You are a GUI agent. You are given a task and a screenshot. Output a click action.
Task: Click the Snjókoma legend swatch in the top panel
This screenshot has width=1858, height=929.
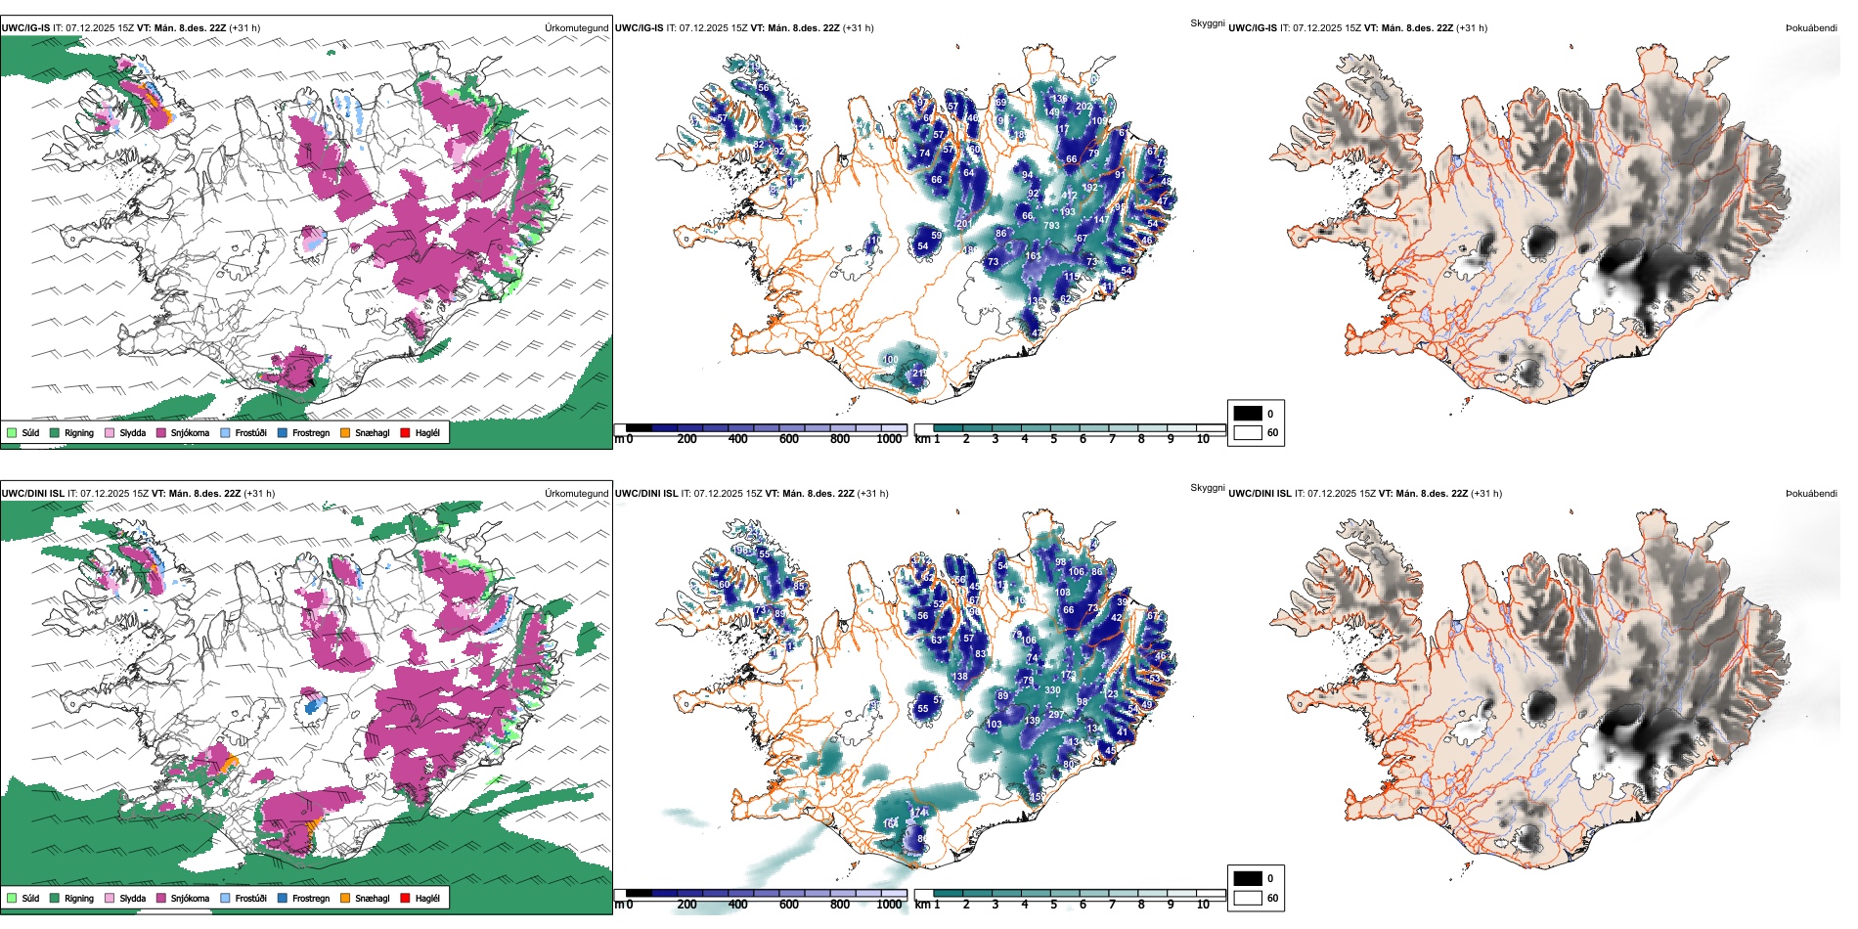161,432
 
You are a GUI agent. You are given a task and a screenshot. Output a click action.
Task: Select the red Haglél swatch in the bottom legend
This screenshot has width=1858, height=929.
406,898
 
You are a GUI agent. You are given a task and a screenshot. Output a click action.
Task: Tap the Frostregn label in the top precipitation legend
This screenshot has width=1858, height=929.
311,432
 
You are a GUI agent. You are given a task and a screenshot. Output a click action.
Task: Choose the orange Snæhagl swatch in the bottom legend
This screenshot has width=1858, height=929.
345,898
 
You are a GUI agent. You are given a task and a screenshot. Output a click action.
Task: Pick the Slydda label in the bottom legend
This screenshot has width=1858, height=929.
132,898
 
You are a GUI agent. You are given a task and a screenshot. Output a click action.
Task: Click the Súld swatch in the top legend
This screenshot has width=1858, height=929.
12,432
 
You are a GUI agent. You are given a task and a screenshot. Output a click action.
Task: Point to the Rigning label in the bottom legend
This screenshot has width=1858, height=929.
79,898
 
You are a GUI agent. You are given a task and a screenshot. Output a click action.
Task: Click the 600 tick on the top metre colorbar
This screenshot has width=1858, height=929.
788,439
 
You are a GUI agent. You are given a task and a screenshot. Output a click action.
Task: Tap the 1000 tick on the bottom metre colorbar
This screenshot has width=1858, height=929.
889,905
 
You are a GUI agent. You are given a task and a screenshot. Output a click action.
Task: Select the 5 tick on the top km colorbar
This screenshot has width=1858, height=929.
1054,439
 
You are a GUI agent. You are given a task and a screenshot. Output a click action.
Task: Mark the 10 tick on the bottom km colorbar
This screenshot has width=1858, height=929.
1203,905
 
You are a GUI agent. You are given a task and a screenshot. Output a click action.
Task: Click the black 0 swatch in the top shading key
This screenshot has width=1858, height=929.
1248,413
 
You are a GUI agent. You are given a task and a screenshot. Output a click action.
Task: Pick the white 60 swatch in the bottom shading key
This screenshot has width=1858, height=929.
1248,897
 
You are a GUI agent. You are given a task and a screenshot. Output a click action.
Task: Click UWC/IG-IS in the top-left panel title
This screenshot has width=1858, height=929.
25,28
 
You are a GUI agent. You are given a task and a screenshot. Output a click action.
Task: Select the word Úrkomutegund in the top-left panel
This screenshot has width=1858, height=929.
576,28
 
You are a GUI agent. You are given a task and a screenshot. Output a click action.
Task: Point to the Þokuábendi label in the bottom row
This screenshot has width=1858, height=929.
1811,494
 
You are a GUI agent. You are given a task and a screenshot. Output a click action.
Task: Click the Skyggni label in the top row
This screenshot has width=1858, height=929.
1207,23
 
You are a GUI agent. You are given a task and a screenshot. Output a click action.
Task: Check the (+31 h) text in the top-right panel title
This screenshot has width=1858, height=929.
1472,28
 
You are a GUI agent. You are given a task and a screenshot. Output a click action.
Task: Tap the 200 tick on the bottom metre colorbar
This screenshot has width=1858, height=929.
686,905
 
